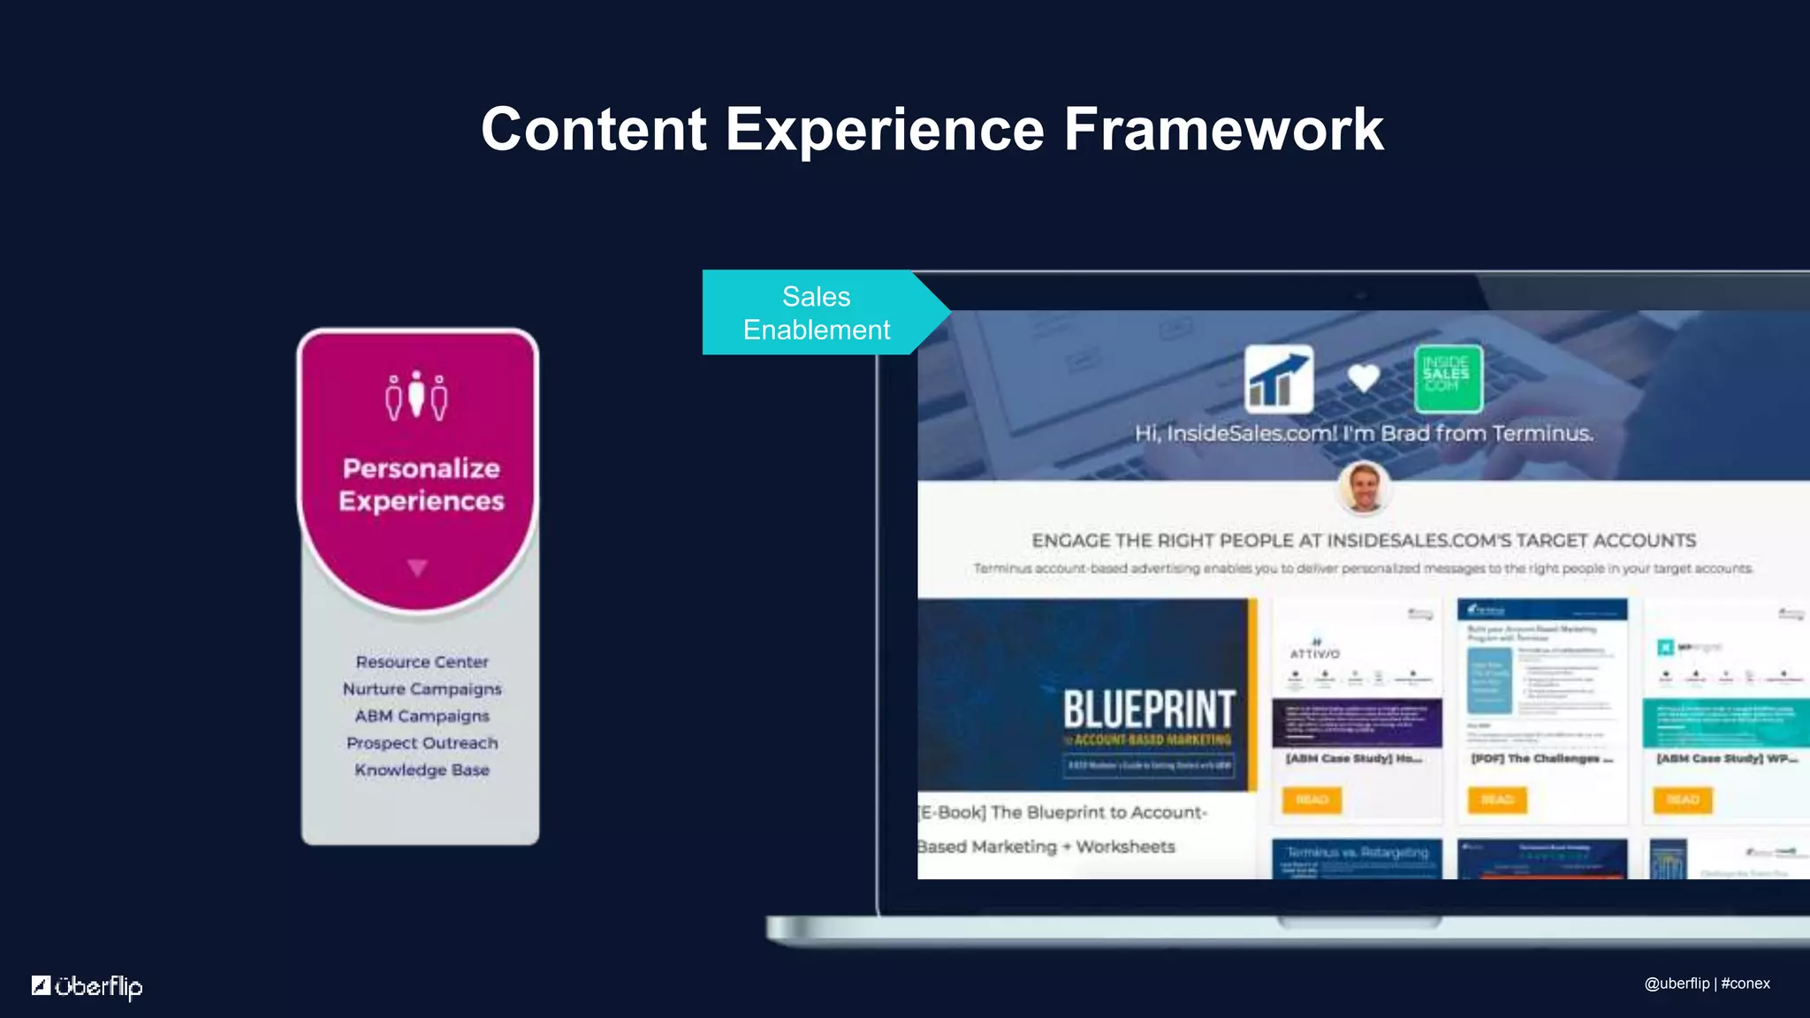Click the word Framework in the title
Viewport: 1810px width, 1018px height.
(1222, 130)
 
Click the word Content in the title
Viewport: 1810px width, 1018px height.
(593, 130)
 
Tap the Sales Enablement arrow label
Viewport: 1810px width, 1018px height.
(816, 313)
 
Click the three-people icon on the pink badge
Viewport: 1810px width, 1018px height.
(416, 397)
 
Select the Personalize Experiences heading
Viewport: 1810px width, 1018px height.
(421, 484)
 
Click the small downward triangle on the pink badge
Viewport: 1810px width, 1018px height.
(417, 567)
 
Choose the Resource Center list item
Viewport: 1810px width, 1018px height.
(422, 662)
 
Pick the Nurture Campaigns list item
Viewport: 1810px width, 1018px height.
(422, 688)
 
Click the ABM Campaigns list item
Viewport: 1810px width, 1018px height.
(422, 716)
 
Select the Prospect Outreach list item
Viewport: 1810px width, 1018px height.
(422, 743)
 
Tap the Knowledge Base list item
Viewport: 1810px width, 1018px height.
(422, 770)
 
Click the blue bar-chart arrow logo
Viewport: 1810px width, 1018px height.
(1278, 379)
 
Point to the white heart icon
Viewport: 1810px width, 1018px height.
(1363, 378)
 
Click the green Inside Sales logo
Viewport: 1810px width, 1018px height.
(1447, 379)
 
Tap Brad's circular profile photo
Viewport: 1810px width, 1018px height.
(1364, 488)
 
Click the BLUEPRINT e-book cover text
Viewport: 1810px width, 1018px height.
(1148, 710)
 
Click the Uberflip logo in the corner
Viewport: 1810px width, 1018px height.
(87, 985)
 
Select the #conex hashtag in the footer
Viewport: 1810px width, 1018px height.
(1745, 984)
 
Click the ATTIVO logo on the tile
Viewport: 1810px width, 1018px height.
(1314, 652)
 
